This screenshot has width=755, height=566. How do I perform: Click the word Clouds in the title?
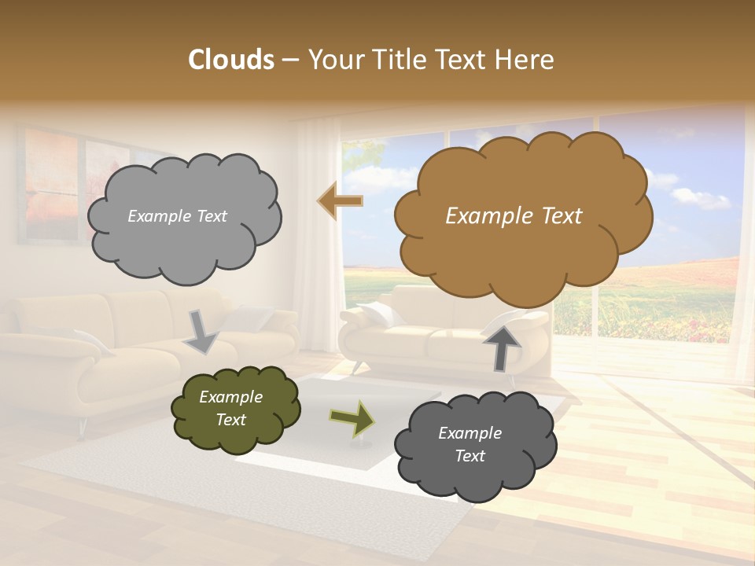231,60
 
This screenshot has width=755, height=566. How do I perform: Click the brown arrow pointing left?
340,201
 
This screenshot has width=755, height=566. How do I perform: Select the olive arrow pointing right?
352,419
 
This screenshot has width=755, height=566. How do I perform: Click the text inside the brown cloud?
514,216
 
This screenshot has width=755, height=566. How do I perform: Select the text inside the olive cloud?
230,408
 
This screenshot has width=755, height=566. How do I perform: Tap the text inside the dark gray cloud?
470,444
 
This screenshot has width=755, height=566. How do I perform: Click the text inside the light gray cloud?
177,216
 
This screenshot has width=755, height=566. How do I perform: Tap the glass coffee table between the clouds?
315,440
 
